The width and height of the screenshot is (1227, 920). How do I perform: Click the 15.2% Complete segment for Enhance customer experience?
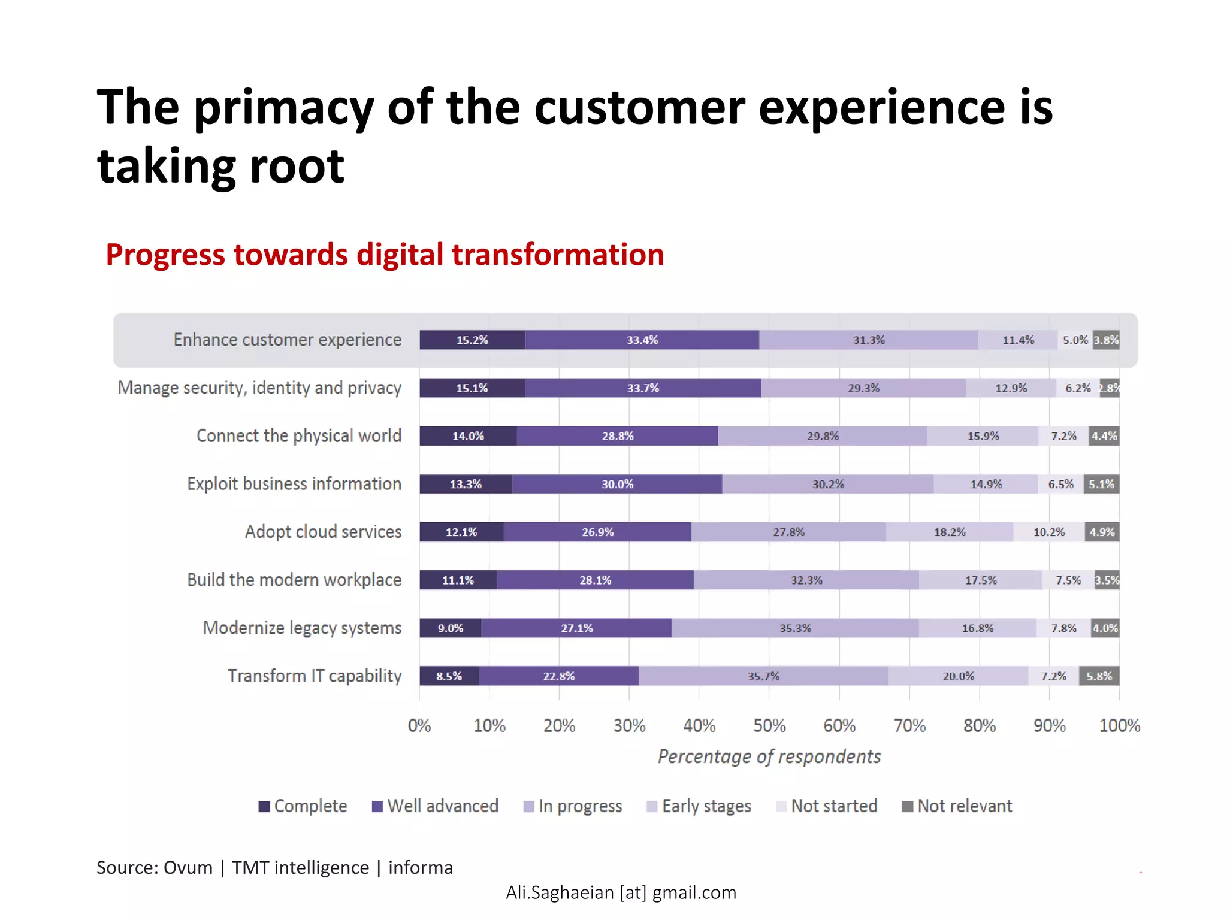coord(472,340)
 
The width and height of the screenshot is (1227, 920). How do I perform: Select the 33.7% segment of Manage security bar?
coord(643,388)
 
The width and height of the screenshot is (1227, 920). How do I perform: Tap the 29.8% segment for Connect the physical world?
coord(823,436)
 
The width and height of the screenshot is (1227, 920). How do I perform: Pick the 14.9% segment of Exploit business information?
coord(986,484)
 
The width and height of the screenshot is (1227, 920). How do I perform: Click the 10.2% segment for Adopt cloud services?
coord(1049,532)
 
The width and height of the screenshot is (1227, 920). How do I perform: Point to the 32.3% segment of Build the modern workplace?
coord(806,580)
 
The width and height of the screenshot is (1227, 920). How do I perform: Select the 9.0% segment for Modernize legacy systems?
coord(450,628)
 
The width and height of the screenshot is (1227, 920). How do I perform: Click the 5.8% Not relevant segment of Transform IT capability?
coord(1099,676)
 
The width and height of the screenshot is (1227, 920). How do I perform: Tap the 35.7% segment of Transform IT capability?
coord(763,676)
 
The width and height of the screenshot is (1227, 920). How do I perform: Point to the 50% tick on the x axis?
coord(769,726)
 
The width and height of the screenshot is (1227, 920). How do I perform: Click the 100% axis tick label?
coord(1119,726)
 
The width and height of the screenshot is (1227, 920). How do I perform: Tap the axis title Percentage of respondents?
coord(769,756)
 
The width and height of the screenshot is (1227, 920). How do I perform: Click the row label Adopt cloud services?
coord(323,532)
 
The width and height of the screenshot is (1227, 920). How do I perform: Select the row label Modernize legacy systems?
coord(302,628)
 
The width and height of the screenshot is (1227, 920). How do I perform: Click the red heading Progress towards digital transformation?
coord(385,255)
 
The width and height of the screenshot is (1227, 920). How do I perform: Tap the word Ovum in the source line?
coord(188,867)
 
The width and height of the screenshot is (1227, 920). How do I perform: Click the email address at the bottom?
coord(621,892)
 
